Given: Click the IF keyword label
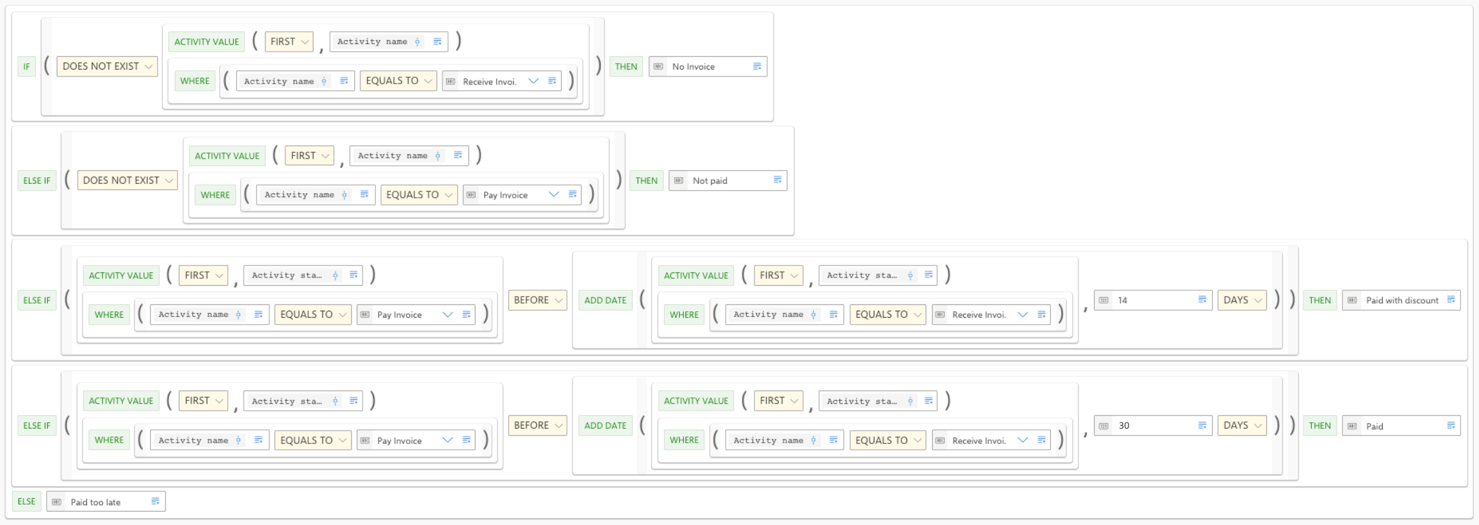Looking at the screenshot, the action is (x=26, y=66).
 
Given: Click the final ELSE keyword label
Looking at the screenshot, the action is (x=26, y=501).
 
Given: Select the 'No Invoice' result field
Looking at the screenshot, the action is (x=708, y=66).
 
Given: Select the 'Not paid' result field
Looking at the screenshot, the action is (x=728, y=181).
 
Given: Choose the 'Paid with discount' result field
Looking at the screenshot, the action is (x=1401, y=300).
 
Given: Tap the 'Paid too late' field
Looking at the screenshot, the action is (x=106, y=501).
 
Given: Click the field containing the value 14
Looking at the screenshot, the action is (x=1153, y=300).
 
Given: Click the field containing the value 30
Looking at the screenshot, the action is (x=1153, y=425).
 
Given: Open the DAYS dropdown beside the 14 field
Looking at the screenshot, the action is (x=1242, y=300).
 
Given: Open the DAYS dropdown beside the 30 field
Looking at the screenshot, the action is (x=1242, y=425).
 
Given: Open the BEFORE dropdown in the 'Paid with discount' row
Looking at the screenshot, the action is (x=537, y=300).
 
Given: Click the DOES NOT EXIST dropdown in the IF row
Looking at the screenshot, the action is (x=107, y=66).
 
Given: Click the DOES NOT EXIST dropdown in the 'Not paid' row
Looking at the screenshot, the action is (x=128, y=181).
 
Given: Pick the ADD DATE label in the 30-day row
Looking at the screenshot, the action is (x=605, y=425).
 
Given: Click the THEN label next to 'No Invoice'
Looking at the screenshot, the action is (x=626, y=66).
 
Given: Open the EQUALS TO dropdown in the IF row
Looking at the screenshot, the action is (x=398, y=81).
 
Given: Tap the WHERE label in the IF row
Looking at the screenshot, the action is (x=195, y=81).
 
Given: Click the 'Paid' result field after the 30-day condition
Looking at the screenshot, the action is (x=1401, y=425).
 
